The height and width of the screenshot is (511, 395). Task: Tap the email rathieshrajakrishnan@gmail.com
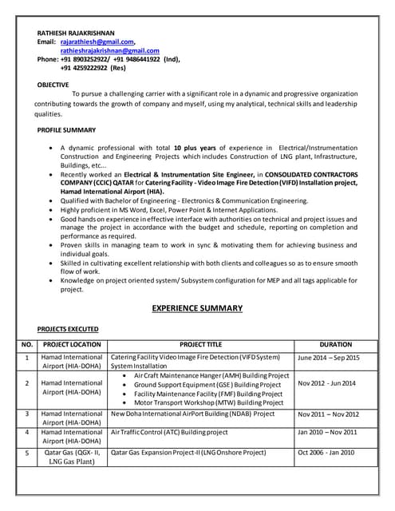point(109,50)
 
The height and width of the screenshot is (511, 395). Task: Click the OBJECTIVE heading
point(53,84)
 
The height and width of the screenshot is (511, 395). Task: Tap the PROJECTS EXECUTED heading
point(68,328)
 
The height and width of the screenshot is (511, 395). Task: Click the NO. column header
point(26,344)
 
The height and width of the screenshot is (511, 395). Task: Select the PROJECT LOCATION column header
point(72,344)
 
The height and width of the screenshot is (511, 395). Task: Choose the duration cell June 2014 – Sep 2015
point(328,358)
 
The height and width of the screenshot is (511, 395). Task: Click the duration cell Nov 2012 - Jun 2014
point(326,383)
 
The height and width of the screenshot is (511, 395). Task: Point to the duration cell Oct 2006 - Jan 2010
point(326,453)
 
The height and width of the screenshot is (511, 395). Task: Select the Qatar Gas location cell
point(72,458)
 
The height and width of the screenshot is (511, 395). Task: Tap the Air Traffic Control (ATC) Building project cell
point(169,432)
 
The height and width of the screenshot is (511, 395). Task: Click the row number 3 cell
point(26,414)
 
